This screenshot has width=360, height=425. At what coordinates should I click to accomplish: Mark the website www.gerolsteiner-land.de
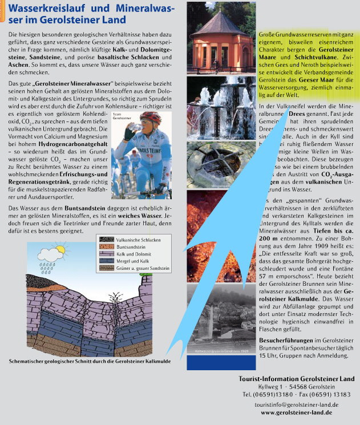click(297, 412)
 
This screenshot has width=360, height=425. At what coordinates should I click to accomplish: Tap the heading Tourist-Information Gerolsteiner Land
click(296, 379)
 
